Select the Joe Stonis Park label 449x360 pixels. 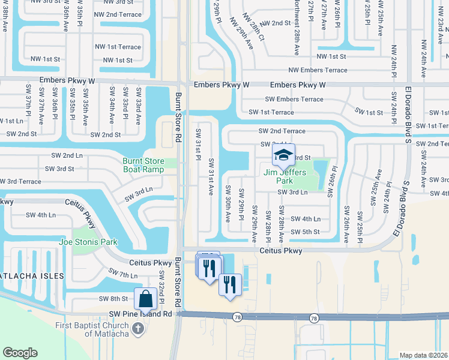88,242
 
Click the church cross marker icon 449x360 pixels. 138,328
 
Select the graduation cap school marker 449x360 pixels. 283,155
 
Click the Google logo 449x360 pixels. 20,353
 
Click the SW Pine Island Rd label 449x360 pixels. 140,314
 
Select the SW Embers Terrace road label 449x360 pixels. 294,100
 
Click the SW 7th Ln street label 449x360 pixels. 123,274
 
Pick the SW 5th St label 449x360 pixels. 306,232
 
